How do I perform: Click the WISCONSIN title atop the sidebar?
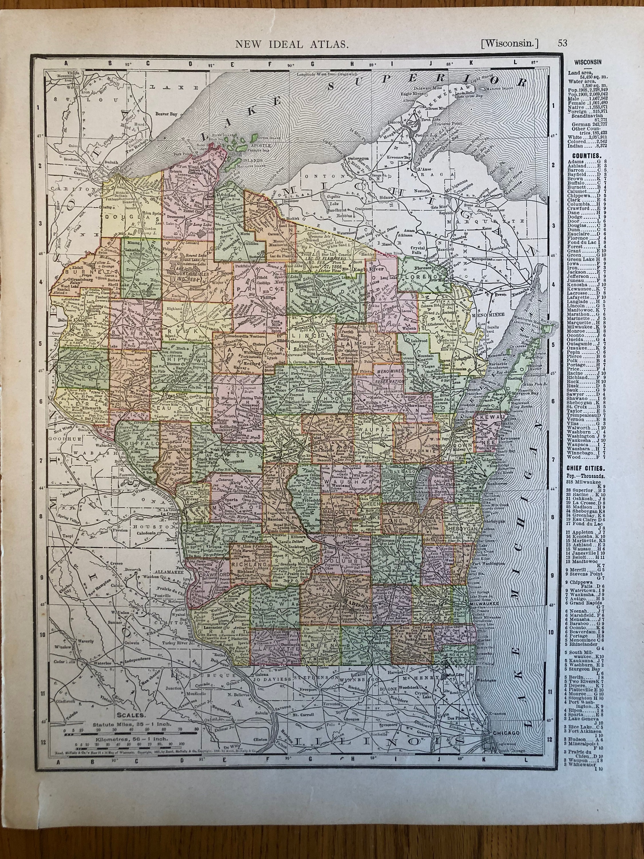click(588, 61)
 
